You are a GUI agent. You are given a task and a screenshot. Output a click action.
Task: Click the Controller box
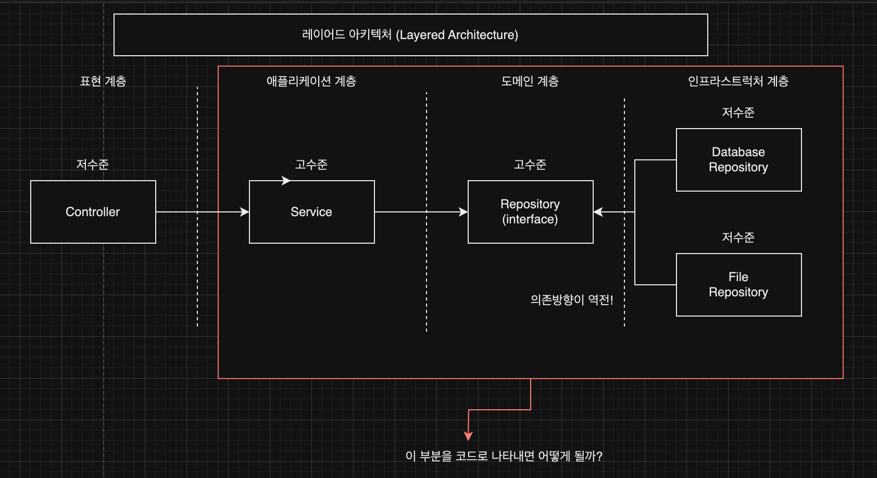93,212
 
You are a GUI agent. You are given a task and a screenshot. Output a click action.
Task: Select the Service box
311,212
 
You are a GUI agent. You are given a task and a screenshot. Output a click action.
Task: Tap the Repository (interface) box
530,212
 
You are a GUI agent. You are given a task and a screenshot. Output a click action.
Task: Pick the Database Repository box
738,160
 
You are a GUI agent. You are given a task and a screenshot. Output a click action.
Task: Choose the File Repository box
738,285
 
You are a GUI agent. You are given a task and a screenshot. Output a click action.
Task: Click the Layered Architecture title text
410,35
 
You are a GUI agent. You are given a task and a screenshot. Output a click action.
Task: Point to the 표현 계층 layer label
103,81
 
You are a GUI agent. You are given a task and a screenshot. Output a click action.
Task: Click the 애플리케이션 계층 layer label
311,81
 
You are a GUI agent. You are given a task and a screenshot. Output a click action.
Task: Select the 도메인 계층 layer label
530,81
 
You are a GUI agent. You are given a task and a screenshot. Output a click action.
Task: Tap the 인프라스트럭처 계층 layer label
738,81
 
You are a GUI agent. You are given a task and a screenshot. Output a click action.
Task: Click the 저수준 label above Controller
93,165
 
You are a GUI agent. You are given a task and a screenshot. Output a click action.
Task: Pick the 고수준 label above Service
311,165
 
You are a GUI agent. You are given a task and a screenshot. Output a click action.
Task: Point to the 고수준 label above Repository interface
530,165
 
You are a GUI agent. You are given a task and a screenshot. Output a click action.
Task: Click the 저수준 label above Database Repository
738,112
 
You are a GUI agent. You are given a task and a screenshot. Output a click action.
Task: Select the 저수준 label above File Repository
738,237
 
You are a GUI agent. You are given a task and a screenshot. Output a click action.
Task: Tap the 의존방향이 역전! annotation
572,300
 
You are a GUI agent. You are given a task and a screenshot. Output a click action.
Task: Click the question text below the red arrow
504,456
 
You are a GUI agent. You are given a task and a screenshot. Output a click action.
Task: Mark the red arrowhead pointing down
468,436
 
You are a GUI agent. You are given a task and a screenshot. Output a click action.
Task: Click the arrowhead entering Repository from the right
598,212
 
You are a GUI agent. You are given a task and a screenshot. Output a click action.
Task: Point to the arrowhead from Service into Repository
463,212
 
